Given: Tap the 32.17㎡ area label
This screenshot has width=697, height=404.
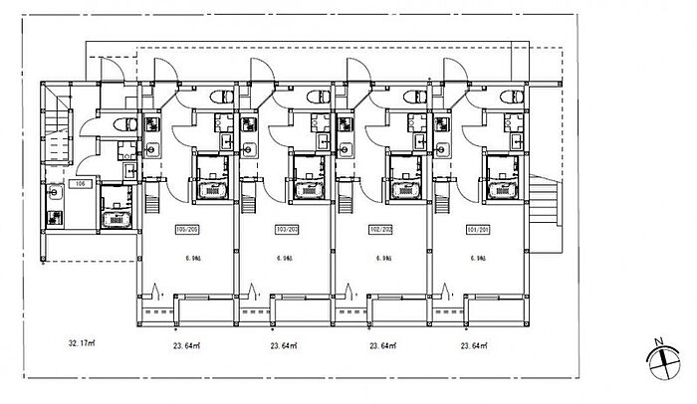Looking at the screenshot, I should click(83, 344).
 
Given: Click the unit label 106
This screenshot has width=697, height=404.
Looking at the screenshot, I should click(83, 184).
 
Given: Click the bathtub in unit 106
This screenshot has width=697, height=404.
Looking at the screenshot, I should click(118, 218).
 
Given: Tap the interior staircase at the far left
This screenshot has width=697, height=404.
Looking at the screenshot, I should click(58, 124).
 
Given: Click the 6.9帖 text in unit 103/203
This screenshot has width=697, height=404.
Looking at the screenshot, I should click(287, 258).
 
